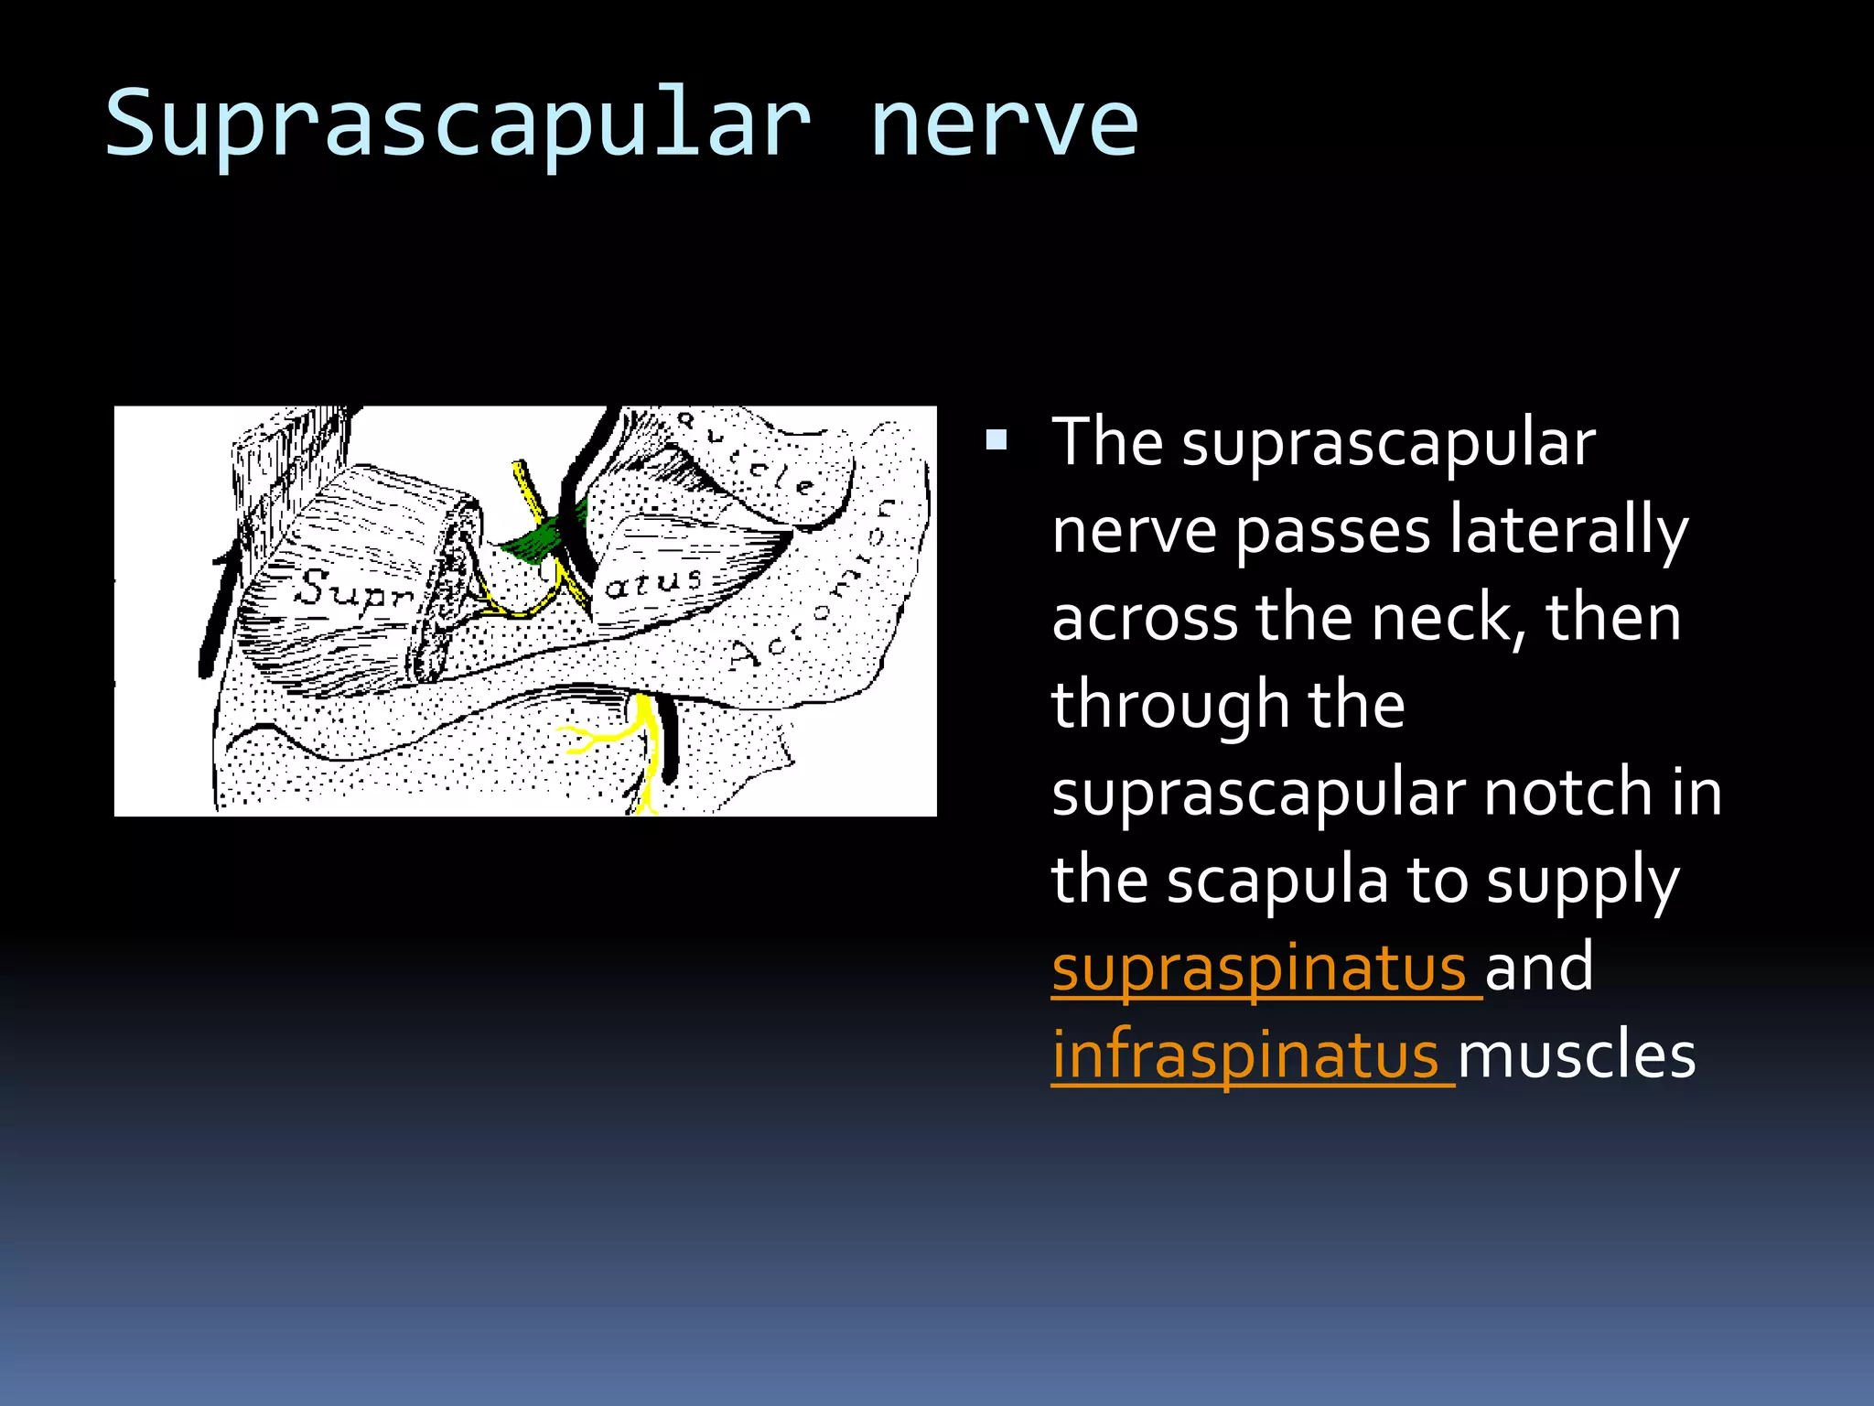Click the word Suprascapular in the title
pos(458,124)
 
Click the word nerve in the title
pos(1004,124)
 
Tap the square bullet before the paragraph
pos(996,442)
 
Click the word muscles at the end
pos(1576,1054)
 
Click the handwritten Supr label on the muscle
pos(352,589)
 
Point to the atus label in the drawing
pos(653,581)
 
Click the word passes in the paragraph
pos(1332,531)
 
